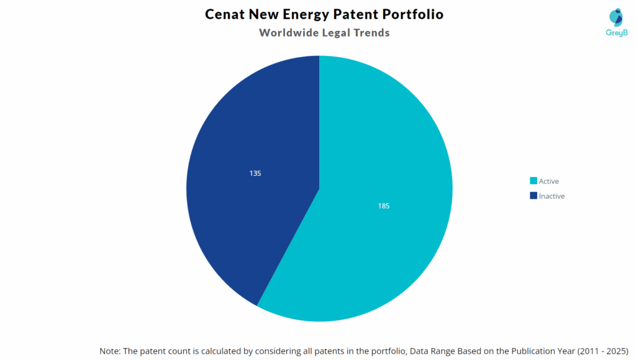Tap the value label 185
point(384,205)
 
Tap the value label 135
point(255,173)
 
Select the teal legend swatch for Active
point(533,181)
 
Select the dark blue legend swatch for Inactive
point(533,196)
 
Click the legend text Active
point(549,181)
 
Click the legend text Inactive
point(552,196)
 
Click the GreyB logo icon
point(616,17)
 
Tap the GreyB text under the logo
point(616,33)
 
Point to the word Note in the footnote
point(110,351)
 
